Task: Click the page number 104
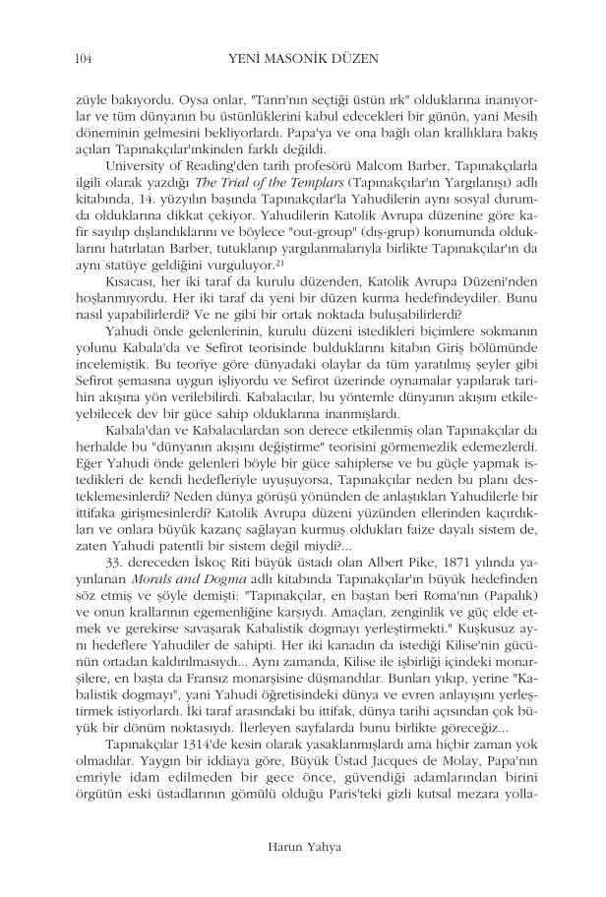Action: pos(83,60)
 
